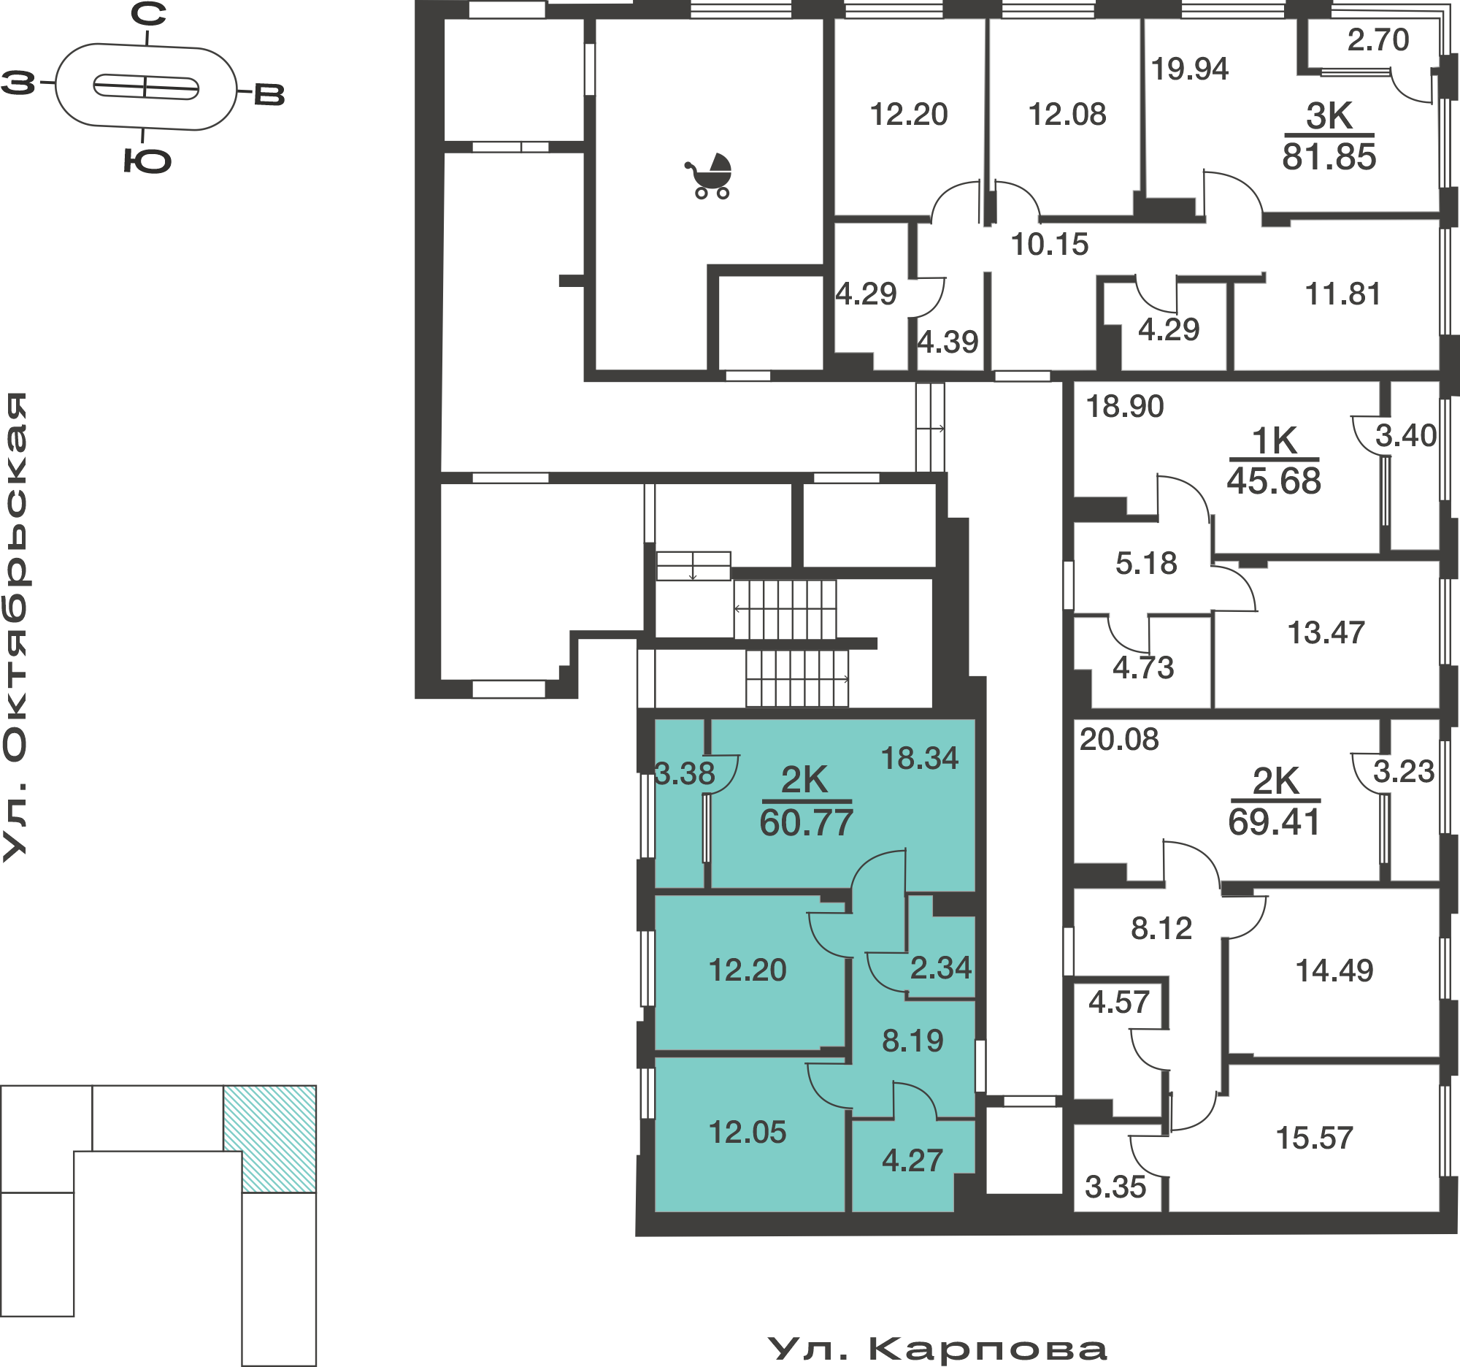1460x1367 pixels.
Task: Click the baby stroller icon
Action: point(710,176)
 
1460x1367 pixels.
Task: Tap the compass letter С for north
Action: point(148,14)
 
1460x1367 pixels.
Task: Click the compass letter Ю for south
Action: point(147,161)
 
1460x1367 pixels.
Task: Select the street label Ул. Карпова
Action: point(937,1350)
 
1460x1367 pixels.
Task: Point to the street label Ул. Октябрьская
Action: point(15,627)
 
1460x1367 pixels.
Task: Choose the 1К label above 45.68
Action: point(1274,442)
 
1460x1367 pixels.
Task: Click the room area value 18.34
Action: point(920,758)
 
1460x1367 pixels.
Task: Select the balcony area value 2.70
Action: point(1378,39)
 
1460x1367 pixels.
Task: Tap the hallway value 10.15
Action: point(1050,245)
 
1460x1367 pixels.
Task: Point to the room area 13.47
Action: point(1326,632)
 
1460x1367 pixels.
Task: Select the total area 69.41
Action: point(1274,822)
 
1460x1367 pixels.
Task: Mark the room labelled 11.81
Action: point(1342,294)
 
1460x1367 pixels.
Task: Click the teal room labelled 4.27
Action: point(912,1160)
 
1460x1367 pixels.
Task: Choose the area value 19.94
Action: point(1190,69)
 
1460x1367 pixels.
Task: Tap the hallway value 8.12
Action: point(1161,928)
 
